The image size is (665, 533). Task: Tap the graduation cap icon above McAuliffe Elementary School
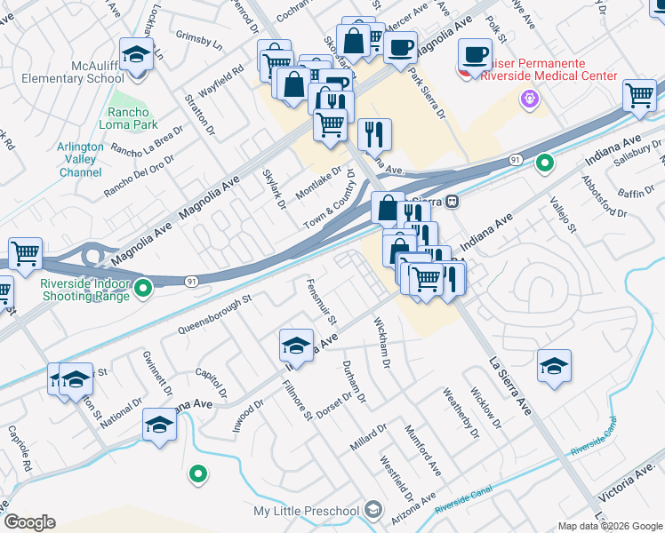click(136, 54)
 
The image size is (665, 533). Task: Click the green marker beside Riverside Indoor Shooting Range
click(143, 287)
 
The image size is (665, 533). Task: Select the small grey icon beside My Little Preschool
click(373, 511)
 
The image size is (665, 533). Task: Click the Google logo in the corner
click(29, 522)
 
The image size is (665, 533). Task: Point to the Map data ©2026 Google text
click(610, 527)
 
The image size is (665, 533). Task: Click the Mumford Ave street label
click(422, 449)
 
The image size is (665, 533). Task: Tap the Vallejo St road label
click(563, 215)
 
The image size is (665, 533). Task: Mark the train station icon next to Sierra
click(453, 201)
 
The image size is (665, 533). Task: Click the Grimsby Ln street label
click(198, 40)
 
